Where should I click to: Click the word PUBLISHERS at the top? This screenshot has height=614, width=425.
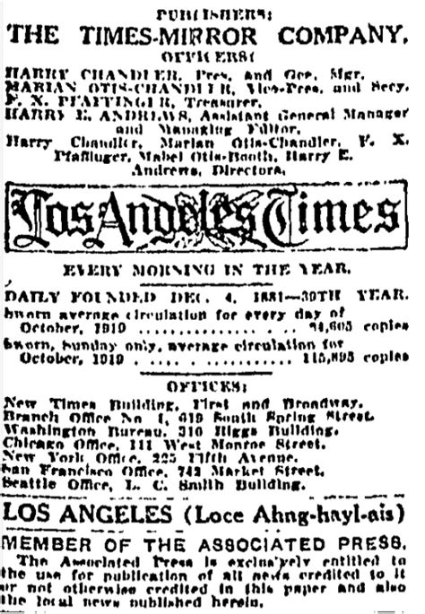click(211, 14)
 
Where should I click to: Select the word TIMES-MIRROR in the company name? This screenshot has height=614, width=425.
click(185, 36)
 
